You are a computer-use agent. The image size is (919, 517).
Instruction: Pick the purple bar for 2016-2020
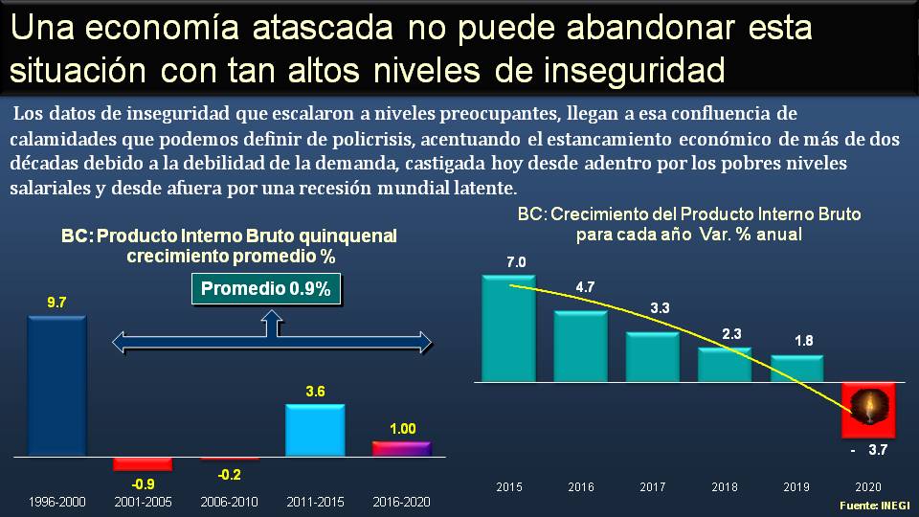(x=401, y=448)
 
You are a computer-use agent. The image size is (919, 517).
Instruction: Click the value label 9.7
(x=57, y=303)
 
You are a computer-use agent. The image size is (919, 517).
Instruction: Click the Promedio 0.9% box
(x=266, y=289)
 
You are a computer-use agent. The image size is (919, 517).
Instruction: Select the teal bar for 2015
(x=508, y=328)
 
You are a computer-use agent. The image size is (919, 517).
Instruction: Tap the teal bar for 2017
(x=652, y=356)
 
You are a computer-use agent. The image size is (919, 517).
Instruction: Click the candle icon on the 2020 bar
(x=867, y=408)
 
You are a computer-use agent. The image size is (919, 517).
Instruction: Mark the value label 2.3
(x=730, y=334)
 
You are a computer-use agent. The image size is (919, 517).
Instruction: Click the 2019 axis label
(x=796, y=487)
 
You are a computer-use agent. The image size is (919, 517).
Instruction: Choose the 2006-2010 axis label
(x=229, y=502)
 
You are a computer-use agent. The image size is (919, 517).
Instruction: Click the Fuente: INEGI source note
(x=875, y=505)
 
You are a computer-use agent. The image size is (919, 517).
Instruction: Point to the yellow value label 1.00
(x=403, y=429)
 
